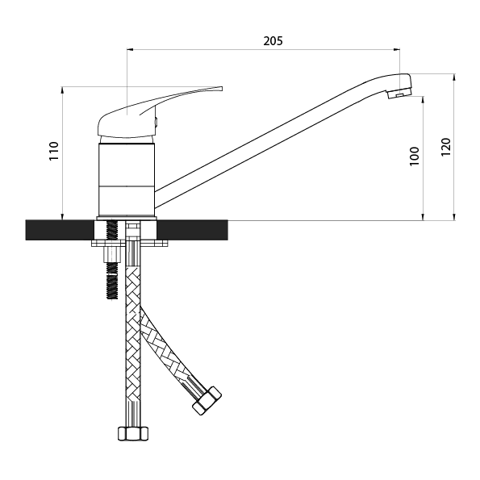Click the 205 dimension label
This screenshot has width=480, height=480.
[x=273, y=40]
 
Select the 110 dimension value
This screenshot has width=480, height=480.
[x=54, y=151]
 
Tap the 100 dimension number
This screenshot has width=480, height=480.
[x=414, y=157]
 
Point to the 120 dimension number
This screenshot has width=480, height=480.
[x=446, y=148]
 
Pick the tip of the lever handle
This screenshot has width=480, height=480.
[x=221, y=89]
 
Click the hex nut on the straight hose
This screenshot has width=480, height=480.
[x=133, y=433]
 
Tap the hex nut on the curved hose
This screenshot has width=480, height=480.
[x=207, y=401]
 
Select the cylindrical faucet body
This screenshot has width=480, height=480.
[x=127, y=180]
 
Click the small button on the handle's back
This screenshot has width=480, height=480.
[x=157, y=122]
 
